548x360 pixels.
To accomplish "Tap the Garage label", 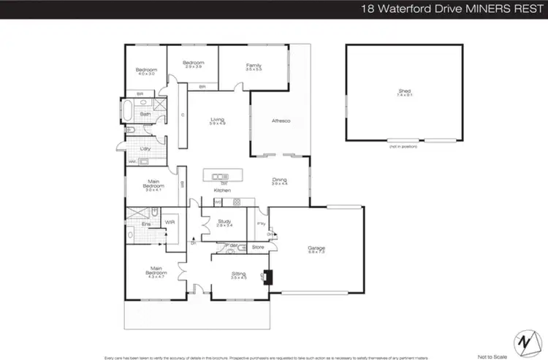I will click(316, 248).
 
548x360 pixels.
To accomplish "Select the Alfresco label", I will click(281, 120).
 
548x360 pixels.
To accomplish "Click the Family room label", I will click(254, 66).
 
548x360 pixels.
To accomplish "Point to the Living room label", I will click(217, 120).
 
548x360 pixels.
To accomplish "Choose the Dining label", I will click(280, 180).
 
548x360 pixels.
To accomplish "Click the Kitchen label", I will click(222, 190).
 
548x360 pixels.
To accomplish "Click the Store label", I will click(257, 247).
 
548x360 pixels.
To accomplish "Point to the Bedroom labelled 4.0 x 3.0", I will click(146, 70).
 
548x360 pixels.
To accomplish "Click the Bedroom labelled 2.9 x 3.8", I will click(193, 64).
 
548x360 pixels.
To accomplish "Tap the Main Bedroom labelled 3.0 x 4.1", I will click(153, 186).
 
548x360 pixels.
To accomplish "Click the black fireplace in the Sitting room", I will click(268, 277).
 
